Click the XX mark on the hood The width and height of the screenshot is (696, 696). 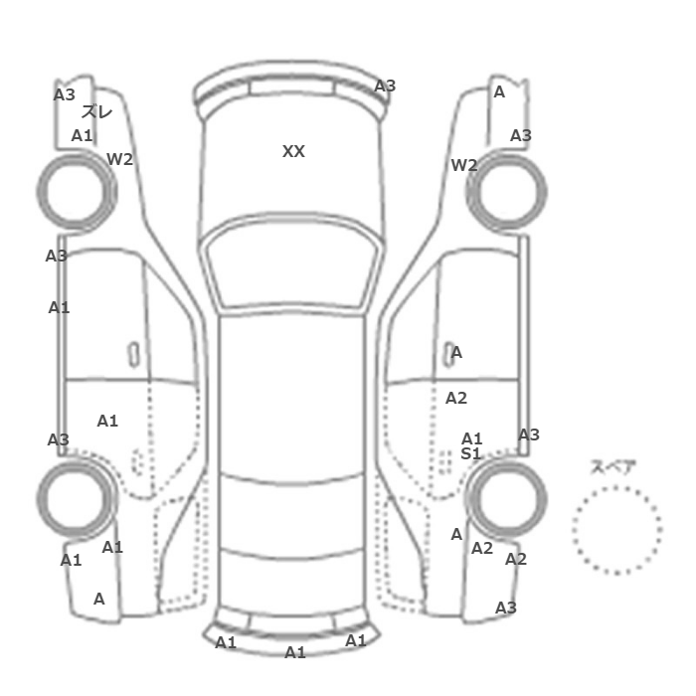[x=293, y=151]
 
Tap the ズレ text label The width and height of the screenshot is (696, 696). [x=96, y=111]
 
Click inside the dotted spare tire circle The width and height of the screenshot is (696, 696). [x=617, y=530]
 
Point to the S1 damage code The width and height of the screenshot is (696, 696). [x=471, y=453]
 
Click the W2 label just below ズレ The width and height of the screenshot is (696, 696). [x=120, y=159]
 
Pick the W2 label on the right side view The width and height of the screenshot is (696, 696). [x=464, y=165]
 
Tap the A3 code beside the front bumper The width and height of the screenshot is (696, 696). [x=385, y=86]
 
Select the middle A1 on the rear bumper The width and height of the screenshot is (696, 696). [x=295, y=652]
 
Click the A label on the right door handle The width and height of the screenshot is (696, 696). [x=456, y=353]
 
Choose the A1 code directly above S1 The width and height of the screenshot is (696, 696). [x=472, y=438]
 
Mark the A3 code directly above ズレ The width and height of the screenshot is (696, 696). [x=65, y=94]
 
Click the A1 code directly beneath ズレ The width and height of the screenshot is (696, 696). [x=83, y=135]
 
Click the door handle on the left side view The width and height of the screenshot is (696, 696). [x=133, y=355]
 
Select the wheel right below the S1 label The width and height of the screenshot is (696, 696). [x=507, y=498]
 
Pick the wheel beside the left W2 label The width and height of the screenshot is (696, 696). [x=76, y=191]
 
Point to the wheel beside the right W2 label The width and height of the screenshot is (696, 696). [x=507, y=191]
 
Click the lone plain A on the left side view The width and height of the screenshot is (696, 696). [x=99, y=600]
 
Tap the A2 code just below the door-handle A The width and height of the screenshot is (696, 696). [x=456, y=398]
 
